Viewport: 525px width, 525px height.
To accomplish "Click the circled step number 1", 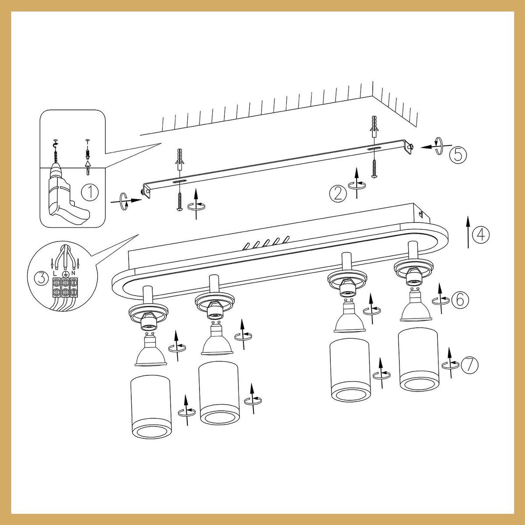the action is click(x=90, y=192).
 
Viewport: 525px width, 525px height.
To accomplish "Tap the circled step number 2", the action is click(x=338, y=194).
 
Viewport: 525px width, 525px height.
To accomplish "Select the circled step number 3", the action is click(x=41, y=278).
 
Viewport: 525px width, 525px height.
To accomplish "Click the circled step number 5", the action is click(x=458, y=155).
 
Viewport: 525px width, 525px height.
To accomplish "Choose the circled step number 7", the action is click(x=470, y=365).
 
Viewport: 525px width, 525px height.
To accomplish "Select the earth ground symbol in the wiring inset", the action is click(x=65, y=273).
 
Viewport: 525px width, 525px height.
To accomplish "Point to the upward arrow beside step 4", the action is click(x=468, y=232).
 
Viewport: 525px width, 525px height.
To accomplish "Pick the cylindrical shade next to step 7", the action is click(x=418, y=360).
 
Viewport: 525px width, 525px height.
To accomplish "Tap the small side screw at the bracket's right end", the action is click(x=411, y=147).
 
